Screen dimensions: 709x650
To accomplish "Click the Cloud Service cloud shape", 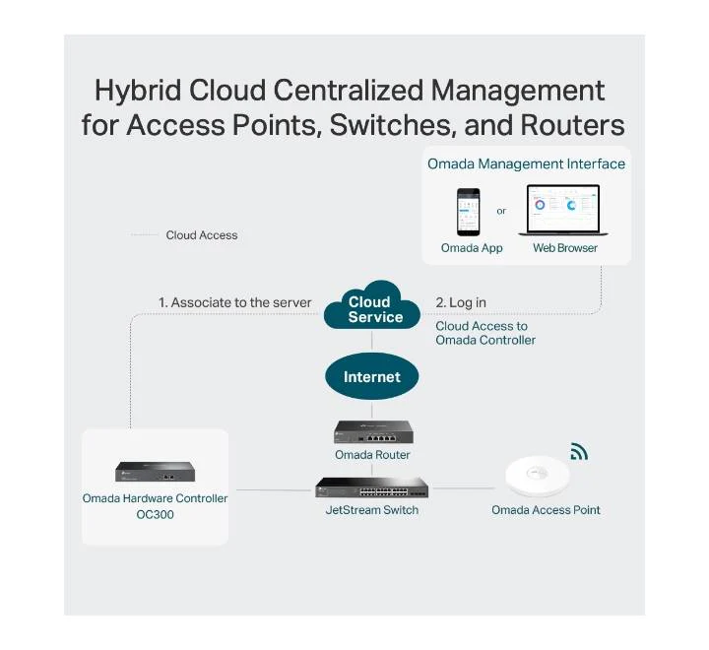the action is click(x=372, y=306).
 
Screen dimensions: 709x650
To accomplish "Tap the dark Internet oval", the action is click(x=371, y=376).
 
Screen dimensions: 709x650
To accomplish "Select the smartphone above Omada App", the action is click(x=468, y=212).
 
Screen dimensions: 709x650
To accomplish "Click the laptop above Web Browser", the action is click(x=563, y=210).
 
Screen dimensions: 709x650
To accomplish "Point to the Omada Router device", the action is click(x=373, y=432).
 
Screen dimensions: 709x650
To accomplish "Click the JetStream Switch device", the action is click(x=371, y=487).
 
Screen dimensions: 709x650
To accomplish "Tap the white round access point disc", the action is click(x=538, y=477).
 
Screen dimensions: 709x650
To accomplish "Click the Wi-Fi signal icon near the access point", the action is click(x=579, y=451).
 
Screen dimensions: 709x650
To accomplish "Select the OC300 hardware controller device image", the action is click(x=156, y=472).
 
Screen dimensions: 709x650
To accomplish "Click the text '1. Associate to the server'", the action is click(x=234, y=302).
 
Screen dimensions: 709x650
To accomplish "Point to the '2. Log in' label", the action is click(x=461, y=302).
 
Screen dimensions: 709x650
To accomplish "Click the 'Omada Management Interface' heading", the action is click(x=526, y=163).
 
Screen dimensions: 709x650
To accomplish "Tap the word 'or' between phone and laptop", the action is click(x=501, y=211).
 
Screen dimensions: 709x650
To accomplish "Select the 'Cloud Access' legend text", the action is click(x=202, y=235).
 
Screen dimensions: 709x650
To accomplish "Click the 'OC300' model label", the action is click(x=156, y=514).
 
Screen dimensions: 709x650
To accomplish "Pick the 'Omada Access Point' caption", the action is click(x=546, y=510).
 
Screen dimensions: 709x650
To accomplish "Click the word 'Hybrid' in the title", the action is click(x=138, y=92).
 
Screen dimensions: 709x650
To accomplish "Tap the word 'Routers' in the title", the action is click(x=572, y=124).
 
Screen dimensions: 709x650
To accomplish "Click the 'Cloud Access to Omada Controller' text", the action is click(x=485, y=333).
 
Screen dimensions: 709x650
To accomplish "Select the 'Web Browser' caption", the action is click(x=565, y=248).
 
